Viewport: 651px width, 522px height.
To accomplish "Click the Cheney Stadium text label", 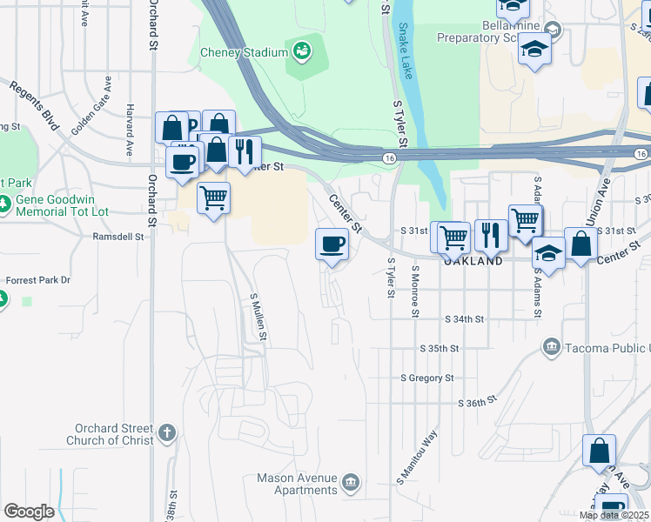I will coord(244,52).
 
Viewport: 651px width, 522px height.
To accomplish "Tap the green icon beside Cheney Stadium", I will coord(303,51).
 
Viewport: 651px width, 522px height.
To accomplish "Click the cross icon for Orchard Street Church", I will coord(167,432).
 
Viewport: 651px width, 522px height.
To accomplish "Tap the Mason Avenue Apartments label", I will coord(296,484).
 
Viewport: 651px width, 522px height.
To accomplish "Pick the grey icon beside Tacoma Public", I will coord(550,348).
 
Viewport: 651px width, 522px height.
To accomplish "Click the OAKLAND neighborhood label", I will coord(473,260).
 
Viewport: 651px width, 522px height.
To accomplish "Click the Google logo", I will coord(29,512).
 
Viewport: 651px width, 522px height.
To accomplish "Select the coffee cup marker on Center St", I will coord(332,244).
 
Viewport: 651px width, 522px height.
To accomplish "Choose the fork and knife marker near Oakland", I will coord(490,234).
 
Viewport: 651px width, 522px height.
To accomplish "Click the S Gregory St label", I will coord(426,378).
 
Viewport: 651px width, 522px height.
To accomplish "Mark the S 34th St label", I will coord(463,319).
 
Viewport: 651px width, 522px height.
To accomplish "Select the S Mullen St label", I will coord(258,315).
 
